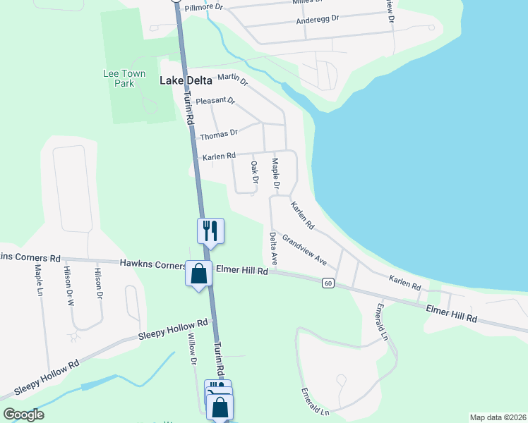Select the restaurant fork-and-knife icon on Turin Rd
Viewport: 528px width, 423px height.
(x=210, y=230)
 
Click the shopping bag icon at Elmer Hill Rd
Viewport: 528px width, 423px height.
(x=198, y=273)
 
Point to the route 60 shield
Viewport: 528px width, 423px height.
(x=328, y=283)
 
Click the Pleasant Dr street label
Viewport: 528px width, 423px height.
(x=215, y=101)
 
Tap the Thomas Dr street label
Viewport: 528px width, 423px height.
(x=220, y=133)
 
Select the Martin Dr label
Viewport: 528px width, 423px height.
(x=233, y=79)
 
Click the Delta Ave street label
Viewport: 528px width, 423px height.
(x=272, y=249)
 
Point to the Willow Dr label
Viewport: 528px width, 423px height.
(x=191, y=350)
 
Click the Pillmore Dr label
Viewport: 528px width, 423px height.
(x=203, y=7)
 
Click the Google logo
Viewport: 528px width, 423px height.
(x=23, y=415)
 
